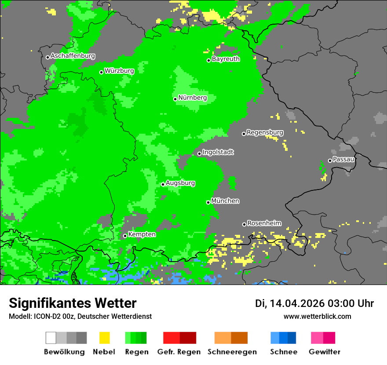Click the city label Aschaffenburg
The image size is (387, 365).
(x=73, y=56)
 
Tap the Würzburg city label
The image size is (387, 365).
(x=119, y=71)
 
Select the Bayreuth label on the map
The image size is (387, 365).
(x=226, y=59)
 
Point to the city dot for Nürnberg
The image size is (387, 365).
(x=175, y=99)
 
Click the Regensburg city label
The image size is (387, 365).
(x=265, y=132)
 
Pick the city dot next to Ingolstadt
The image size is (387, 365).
(x=199, y=153)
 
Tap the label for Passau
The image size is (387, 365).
(x=343, y=159)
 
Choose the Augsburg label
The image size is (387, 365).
(x=180, y=183)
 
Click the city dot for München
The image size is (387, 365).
(x=208, y=202)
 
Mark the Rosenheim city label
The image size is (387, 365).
(x=264, y=223)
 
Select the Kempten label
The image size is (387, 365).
(x=142, y=234)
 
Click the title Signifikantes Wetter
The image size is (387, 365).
(x=73, y=303)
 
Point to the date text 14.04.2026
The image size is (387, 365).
(x=297, y=303)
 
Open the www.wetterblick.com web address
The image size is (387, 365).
(x=317, y=316)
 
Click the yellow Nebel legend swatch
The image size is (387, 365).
(x=104, y=338)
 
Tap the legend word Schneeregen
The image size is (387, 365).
(x=231, y=352)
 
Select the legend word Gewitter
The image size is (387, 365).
(x=324, y=352)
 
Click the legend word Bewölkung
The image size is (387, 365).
(x=64, y=352)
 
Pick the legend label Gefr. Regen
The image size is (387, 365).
(x=179, y=352)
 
